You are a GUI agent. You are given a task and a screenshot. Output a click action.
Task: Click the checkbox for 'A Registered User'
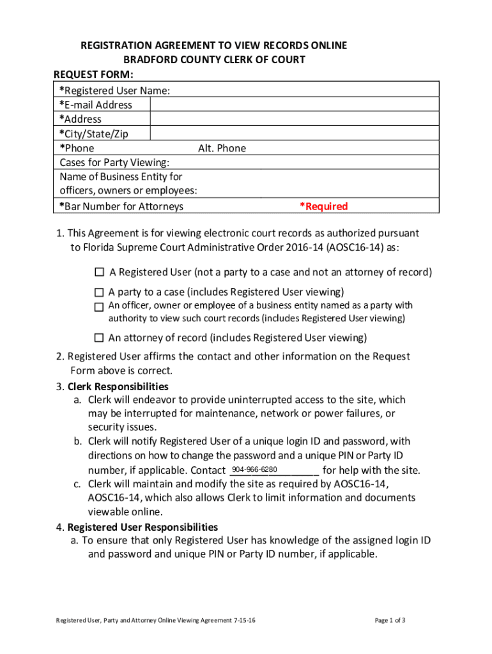pyautogui.click(x=99, y=273)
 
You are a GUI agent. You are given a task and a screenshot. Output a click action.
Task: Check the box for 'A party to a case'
pyautogui.click(x=99, y=293)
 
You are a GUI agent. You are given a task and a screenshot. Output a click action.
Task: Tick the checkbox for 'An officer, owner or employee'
pyautogui.click(x=99, y=307)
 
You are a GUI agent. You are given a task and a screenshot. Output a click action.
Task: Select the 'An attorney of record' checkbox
pyautogui.click(x=99, y=338)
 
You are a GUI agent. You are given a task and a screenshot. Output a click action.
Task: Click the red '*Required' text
pyautogui.click(x=324, y=206)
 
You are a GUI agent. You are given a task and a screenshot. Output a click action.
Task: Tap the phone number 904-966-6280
pyautogui.click(x=254, y=470)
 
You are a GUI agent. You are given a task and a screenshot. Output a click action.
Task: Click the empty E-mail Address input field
pyautogui.click(x=294, y=105)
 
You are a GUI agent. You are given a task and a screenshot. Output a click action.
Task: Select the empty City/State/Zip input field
pyautogui.click(x=294, y=133)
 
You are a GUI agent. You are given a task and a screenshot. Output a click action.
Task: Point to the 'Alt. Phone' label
pyautogui.click(x=222, y=148)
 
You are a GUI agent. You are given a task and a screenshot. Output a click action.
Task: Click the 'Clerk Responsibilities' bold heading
pyautogui.click(x=118, y=386)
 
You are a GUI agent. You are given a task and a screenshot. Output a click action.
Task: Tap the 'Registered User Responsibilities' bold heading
pyautogui.click(x=142, y=527)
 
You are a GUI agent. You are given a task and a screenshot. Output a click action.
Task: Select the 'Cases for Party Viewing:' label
pyautogui.click(x=114, y=162)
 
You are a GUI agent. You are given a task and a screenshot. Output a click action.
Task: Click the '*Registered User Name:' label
pyautogui.click(x=115, y=91)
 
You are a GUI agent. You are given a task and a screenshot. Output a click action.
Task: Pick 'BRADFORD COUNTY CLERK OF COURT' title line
pyautogui.click(x=214, y=60)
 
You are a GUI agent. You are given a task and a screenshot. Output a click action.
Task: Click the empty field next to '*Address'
pyautogui.click(x=294, y=119)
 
